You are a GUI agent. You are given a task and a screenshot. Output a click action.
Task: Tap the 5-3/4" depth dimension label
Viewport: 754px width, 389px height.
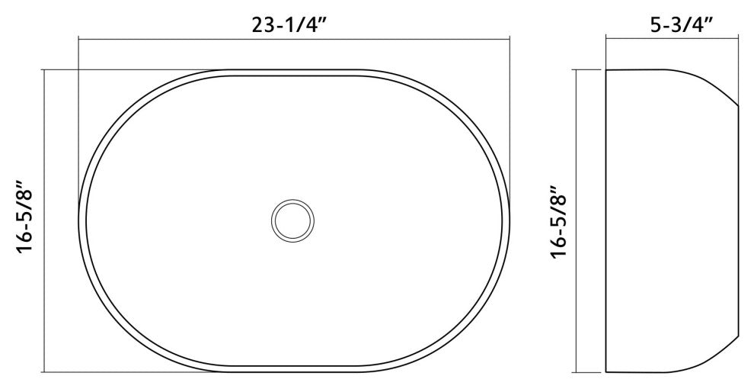point(681,24)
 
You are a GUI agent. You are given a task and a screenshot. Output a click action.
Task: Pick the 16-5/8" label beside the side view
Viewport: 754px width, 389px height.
point(559,223)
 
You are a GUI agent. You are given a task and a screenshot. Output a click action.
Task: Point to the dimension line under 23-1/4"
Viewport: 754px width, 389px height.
point(294,38)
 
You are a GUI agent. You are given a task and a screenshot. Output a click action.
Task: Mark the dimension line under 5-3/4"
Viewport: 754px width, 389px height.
point(673,37)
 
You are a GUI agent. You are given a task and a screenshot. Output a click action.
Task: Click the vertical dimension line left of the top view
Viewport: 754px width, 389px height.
point(44,221)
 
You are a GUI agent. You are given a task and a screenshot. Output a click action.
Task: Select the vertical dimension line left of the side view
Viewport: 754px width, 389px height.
point(576,221)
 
